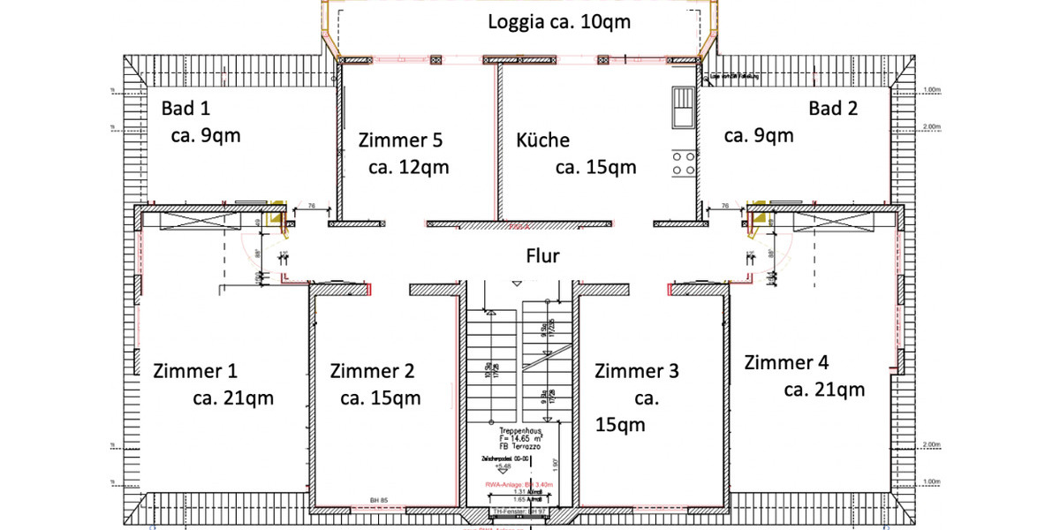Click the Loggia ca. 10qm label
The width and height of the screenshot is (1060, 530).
coord(559,22)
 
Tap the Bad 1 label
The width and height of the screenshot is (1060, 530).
coord(186,109)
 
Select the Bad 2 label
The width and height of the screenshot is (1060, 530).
coord(833,109)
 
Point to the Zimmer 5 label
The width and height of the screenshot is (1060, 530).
coord(400,140)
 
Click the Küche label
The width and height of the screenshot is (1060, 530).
coord(542,140)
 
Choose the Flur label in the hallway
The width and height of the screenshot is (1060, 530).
coord(542,256)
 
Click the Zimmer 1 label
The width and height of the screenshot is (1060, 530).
coord(195,370)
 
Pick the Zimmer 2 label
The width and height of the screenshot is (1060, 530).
coord(372,371)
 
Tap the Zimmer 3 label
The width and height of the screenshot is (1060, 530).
coord(636,371)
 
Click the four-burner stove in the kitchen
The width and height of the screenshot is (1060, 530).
coord(683,163)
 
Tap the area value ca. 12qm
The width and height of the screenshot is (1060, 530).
coord(409,167)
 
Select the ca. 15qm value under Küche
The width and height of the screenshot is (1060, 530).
coord(595,167)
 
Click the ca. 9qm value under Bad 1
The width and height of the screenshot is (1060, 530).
coord(205,136)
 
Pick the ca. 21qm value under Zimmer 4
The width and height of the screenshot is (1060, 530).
coord(824,390)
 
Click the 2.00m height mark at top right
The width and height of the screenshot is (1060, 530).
coord(931,126)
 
